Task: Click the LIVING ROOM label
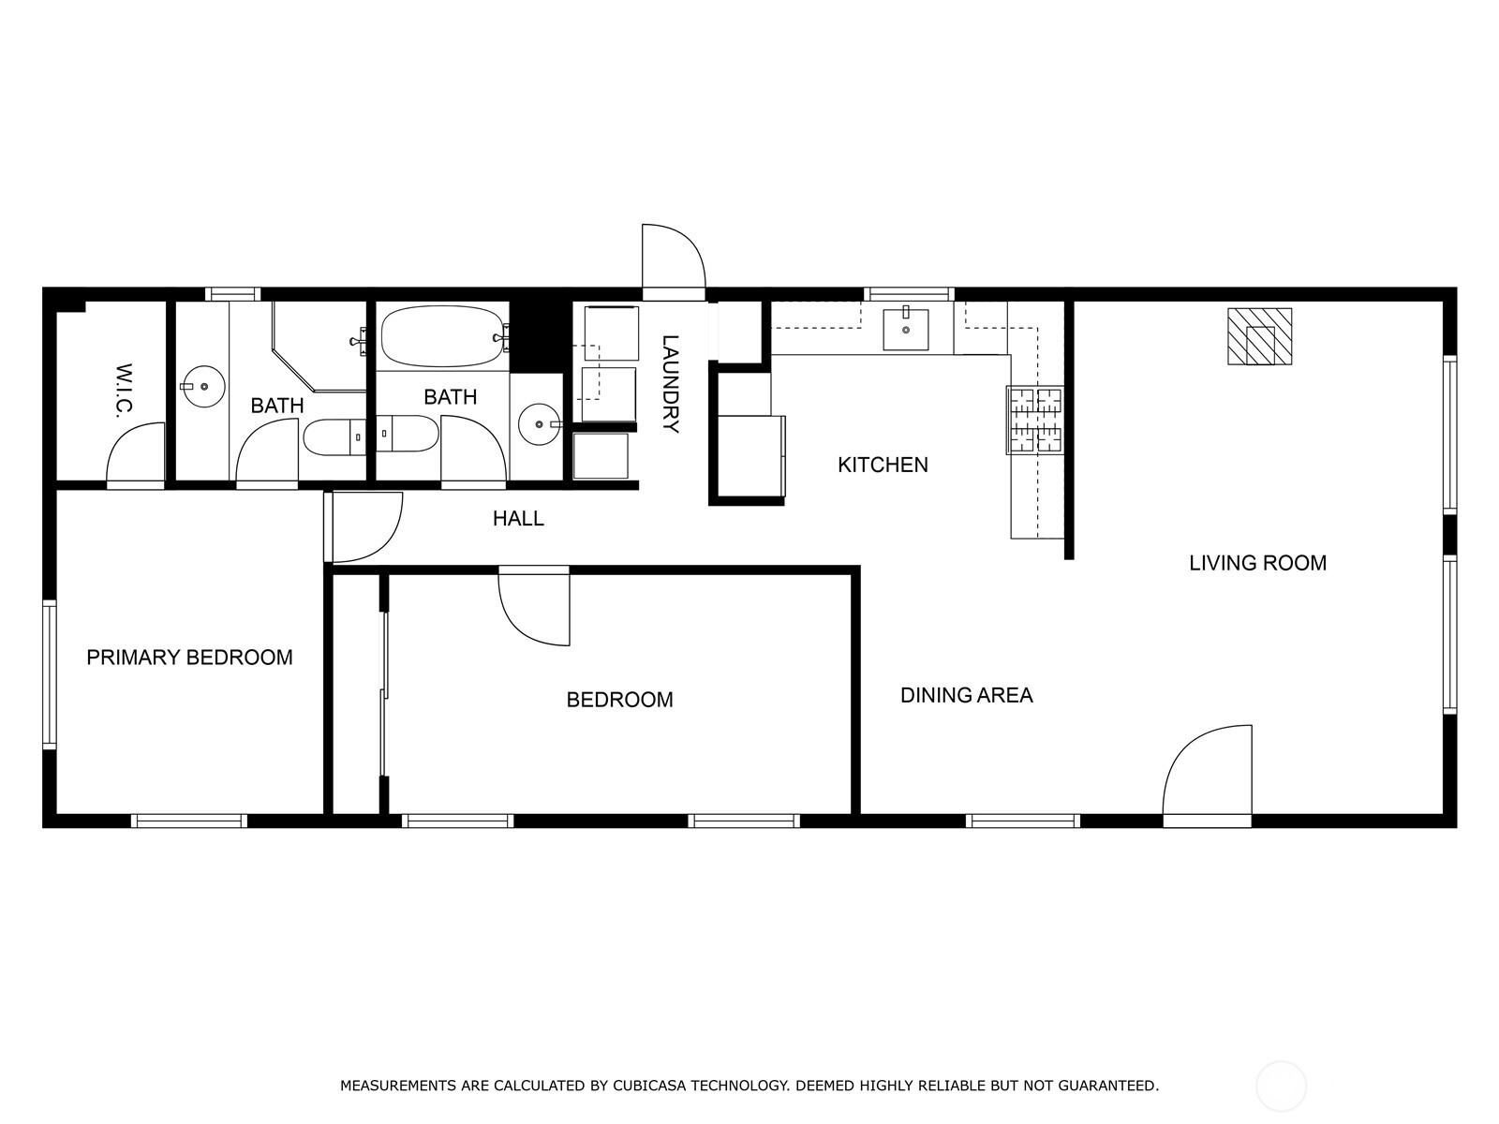pyautogui.click(x=1257, y=563)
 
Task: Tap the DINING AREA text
pyautogui.click(x=966, y=695)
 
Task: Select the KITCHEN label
pyautogui.click(x=883, y=465)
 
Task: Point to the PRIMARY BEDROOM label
pyautogui.click(x=189, y=658)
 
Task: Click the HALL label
pyautogui.click(x=518, y=519)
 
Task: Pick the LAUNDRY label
pyautogui.click(x=671, y=383)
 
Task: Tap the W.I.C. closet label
pyautogui.click(x=124, y=391)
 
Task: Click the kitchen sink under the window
pyautogui.click(x=906, y=329)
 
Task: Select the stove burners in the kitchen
pyautogui.click(x=1035, y=420)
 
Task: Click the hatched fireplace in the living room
pyautogui.click(x=1259, y=336)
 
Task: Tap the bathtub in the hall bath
pyautogui.click(x=444, y=336)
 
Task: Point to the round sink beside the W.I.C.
pyautogui.click(x=203, y=386)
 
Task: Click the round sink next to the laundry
pyautogui.click(x=540, y=423)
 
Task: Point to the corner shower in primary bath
pyautogui.click(x=319, y=347)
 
